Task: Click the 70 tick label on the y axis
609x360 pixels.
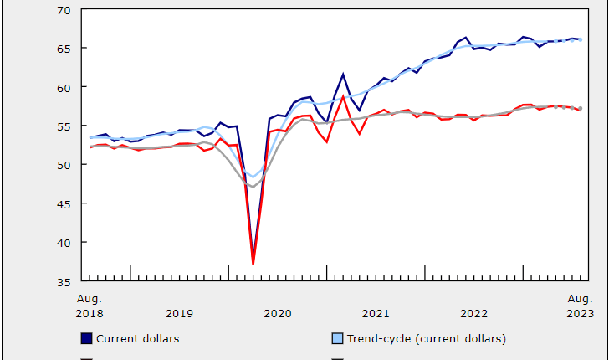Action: tap(64, 10)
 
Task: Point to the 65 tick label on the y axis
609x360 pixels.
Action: tap(64, 49)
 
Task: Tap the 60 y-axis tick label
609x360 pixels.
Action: tap(64, 87)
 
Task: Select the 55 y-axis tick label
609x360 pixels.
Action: tap(64, 126)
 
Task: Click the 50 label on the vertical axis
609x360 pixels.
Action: tap(64, 165)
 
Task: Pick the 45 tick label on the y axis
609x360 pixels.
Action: tap(64, 203)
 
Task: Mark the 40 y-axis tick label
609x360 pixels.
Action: tap(64, 242)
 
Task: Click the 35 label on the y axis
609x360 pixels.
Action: tap(64, 281)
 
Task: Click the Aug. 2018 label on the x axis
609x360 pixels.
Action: tap(90, 306)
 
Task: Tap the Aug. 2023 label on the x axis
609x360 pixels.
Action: tap(580, 306)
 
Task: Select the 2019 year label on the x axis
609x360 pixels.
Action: tap(179, 314)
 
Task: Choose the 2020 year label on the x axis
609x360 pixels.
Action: tap(277, 314)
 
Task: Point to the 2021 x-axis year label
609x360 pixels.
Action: tap(376, 314)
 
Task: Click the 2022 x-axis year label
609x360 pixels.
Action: tap(473, 314)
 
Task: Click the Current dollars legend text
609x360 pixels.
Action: tap(138, 339)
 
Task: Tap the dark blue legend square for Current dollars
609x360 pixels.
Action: tap(86, 339)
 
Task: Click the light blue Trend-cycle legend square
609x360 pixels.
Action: tap(338, 339)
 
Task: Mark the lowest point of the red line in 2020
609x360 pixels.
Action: tap(253, 264)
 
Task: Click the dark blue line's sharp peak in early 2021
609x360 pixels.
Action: tap(343, 74)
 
